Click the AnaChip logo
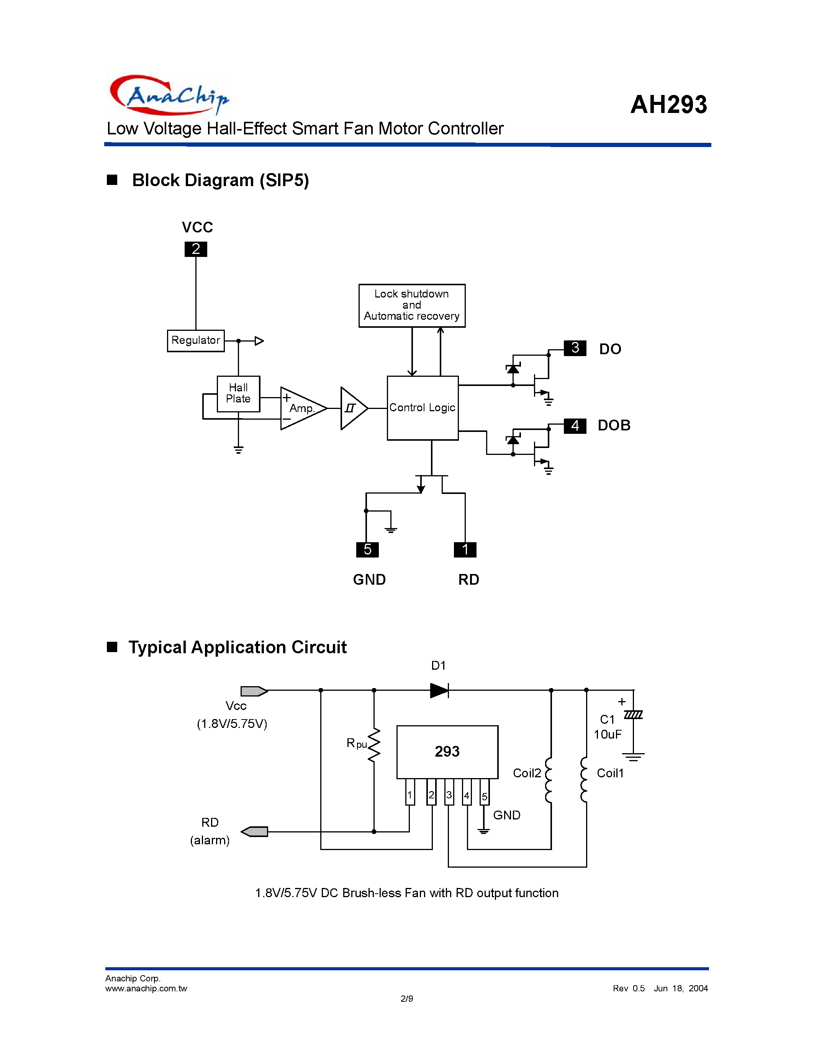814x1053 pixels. (169, 95)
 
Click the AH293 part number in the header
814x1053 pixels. (668, 104)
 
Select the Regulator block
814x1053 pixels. (195, 340)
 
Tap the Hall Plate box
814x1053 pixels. (238, 393)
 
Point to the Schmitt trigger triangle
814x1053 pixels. (352, 408)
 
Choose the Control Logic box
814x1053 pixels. (423, 407)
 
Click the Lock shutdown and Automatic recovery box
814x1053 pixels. (412, 305)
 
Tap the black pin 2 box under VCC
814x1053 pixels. (196, 249)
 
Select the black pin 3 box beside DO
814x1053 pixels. (575, 348)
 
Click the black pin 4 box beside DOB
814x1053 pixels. (575, 426)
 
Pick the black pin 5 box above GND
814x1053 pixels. (367, 549)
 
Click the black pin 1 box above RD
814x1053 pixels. (465, 549)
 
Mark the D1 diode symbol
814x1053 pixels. (439, 690)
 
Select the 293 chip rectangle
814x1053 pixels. (447, 752)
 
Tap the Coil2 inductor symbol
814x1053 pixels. (549, 780)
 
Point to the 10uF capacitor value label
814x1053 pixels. (608, 734)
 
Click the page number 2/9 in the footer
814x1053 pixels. (406, 999)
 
